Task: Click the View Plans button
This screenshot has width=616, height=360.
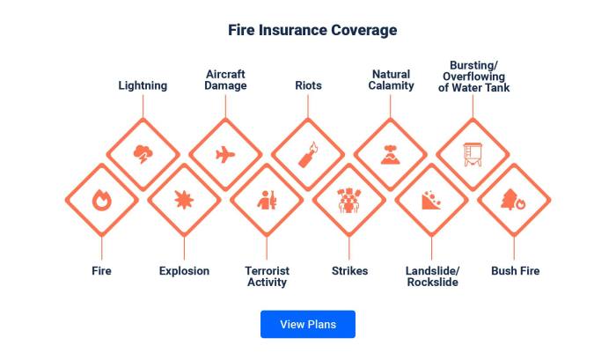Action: [x=307, y=324]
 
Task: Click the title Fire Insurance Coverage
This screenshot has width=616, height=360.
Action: [x=312, y=30]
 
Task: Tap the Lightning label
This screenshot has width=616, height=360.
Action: [x=143, y=85]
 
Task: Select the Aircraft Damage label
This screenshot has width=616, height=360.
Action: [x=225, y=80]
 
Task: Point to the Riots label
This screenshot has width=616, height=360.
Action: [x=308, y=85]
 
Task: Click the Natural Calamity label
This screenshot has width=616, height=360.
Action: [x=391, y=80]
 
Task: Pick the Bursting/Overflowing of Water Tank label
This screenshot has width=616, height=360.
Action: [x=473, y=77]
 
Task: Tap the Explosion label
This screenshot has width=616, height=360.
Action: [x=184, y=271]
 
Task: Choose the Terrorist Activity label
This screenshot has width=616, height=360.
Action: [x=267, y=276]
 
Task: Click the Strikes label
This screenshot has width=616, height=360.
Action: [x=349, y=271]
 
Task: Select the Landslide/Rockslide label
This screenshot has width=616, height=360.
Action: [x=432, y=276]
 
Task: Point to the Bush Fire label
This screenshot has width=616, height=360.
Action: [x=515, y=271]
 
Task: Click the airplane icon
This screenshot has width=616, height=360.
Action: [x=225, y=155]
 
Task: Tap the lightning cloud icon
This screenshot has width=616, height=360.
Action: [x=143, y=155]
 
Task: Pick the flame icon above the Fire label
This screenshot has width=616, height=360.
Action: [x=101, y=200]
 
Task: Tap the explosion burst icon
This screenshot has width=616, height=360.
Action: [x=184, y=200]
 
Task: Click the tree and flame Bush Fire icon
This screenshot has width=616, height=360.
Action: [x=515, y=200]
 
